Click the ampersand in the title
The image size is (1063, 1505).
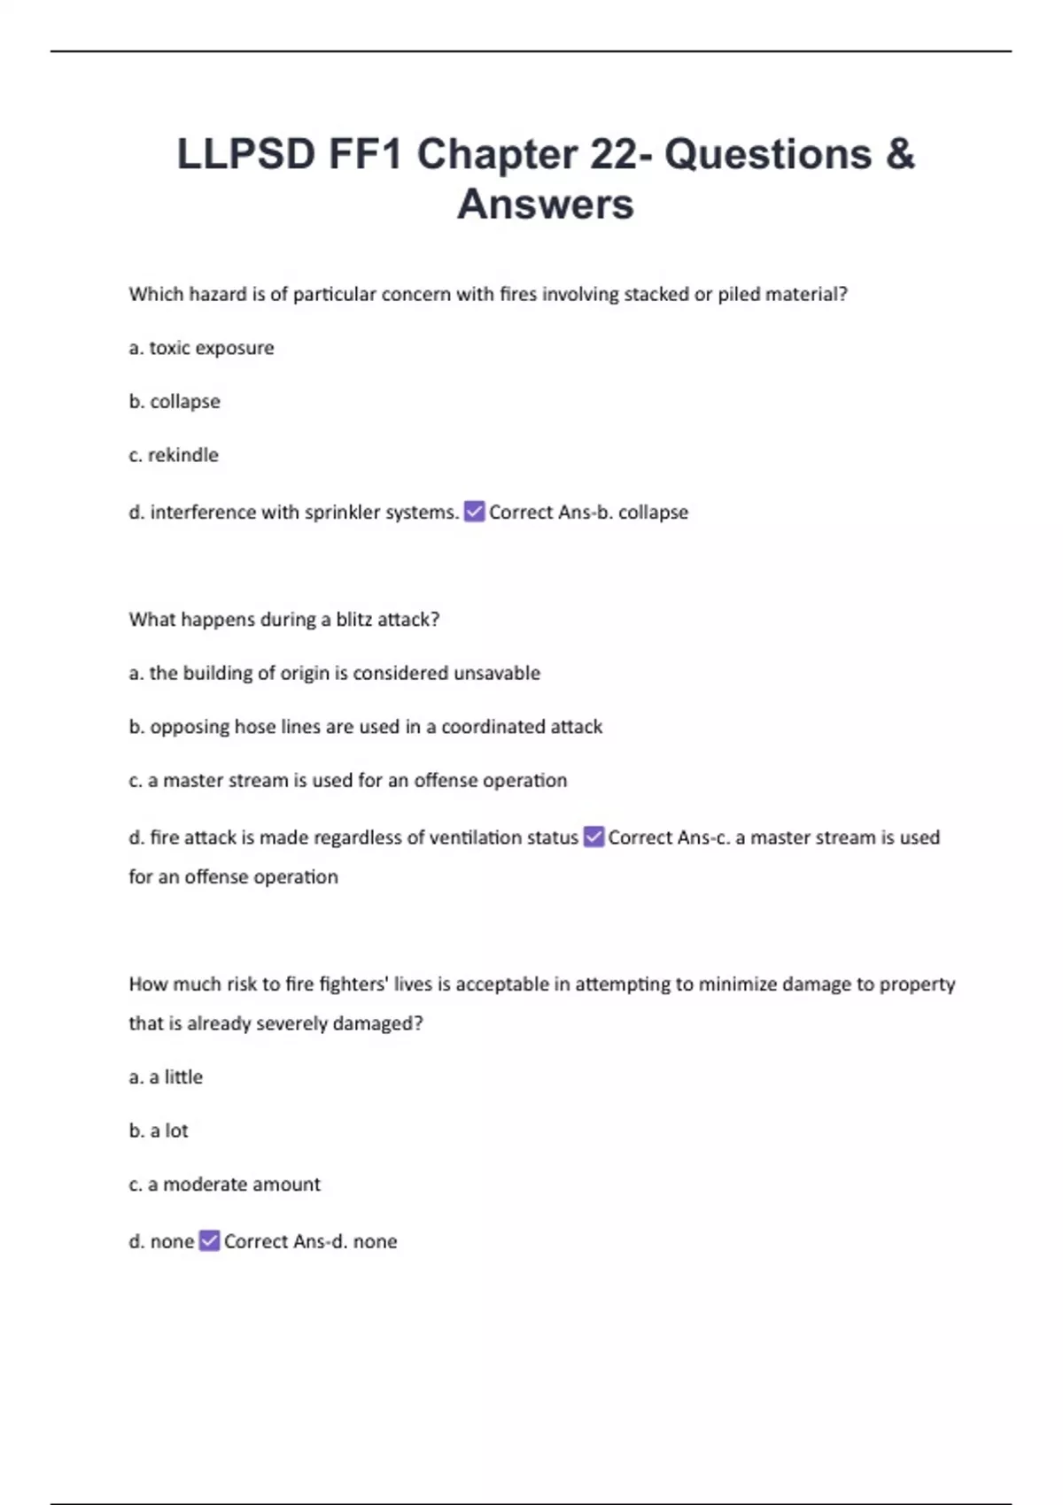[898, 154]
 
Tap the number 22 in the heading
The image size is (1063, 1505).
[613, 154]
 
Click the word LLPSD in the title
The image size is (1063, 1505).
[246, 154]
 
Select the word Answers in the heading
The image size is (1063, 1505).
[546, 204]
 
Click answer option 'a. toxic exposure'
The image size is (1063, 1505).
[201, 348]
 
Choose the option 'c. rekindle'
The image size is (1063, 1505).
[174, 455]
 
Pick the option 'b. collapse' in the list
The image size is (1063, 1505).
[175, 401]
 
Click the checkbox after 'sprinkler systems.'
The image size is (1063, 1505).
[475, 512]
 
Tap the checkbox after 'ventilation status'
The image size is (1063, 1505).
[594, 837]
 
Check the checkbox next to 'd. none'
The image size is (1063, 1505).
[209, 1241]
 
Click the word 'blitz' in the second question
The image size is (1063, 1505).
[354, 620]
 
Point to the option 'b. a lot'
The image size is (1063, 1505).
[159, 1131]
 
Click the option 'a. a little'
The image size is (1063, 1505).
[166, 1077]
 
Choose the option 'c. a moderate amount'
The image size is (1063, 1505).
[224, 1185]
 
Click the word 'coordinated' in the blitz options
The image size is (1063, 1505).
[493, 727]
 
